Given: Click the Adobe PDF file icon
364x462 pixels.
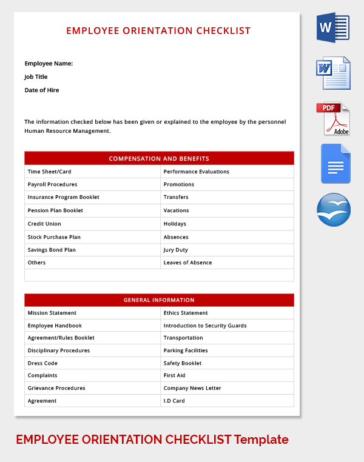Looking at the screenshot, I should [x=333, y=119].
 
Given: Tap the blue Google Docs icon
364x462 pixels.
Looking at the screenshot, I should [x=335, y=164].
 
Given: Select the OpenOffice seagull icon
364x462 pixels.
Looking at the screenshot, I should [x=334, y=210].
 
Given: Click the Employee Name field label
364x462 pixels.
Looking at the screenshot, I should [x=49, y=63].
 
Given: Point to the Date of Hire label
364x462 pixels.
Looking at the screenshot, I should [x=42, y=90].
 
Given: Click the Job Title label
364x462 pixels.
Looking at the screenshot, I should [x=36, y=77].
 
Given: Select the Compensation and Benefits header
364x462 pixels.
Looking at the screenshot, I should [x=159, y=159].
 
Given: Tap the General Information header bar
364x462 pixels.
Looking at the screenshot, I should [x=159, y=300].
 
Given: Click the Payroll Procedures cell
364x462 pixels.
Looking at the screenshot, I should [x=53, y=184].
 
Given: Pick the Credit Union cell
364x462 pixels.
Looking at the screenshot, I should [x=44, y=224].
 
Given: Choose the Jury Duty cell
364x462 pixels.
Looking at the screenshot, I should [x=176, y=250].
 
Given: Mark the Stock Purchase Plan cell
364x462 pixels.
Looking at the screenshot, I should [x=54, y=237].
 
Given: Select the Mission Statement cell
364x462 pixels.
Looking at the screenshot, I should [x=52, y=313].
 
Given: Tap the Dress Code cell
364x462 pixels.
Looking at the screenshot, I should [x=42, y=363].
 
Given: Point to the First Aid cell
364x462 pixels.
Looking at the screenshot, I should [x=174, y=376].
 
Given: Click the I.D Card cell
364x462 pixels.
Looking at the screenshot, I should [x=175, y=401].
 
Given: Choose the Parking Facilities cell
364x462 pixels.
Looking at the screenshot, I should [x=186, y=350].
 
